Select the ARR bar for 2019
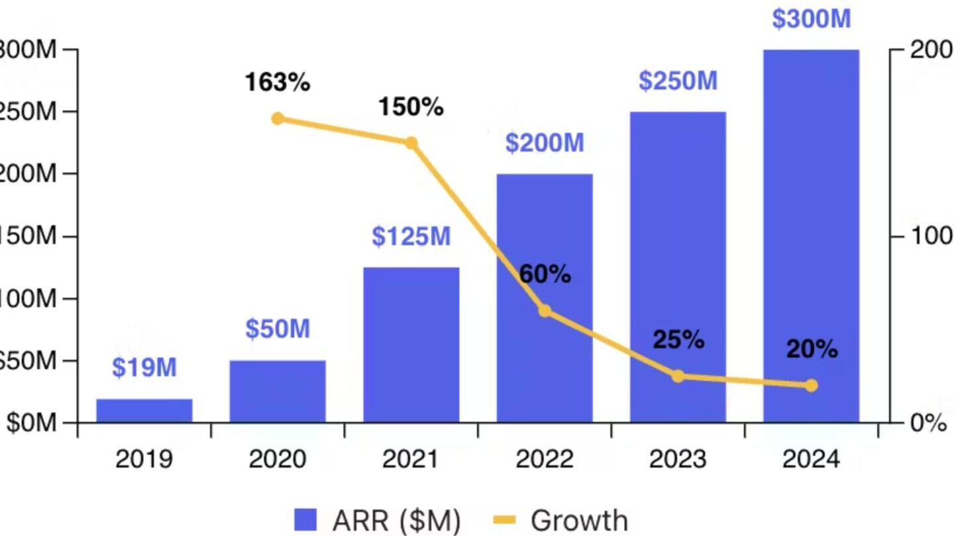144,411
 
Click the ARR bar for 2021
411,345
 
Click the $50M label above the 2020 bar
278,329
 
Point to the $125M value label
411,237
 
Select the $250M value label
678,81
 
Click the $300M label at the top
811,19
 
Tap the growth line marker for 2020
278,119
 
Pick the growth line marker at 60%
545,311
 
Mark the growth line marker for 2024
812,386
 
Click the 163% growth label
277,83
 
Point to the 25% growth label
678,340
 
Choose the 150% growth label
411,107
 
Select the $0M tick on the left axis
32,423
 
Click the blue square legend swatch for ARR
306,520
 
